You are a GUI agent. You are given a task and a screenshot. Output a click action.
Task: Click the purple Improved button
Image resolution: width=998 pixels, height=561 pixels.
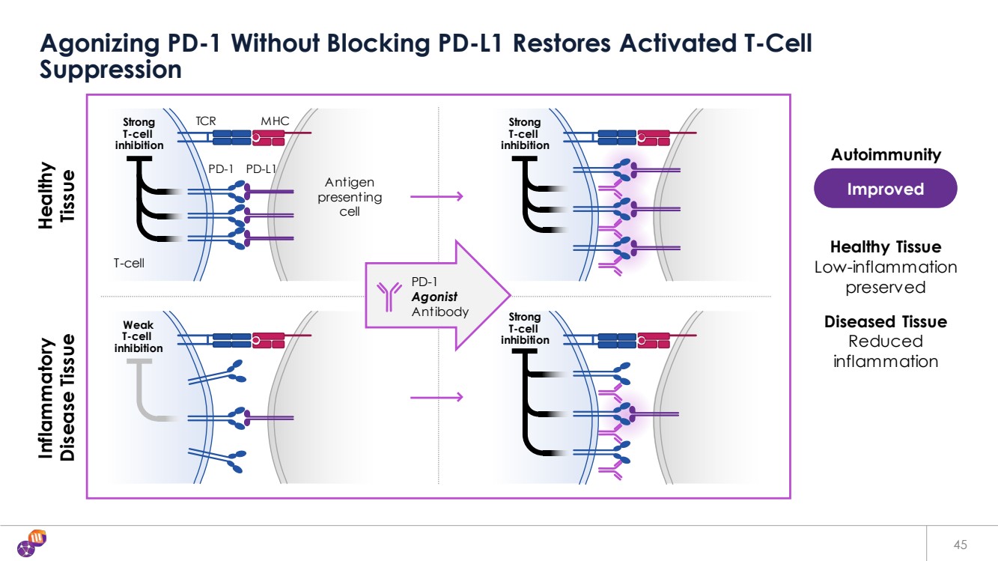tap(885, 189)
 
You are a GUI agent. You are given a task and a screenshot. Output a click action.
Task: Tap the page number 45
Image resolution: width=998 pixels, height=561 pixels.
tap(961, 545)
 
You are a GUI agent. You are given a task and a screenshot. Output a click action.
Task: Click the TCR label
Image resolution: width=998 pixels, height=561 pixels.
tap(206, 121)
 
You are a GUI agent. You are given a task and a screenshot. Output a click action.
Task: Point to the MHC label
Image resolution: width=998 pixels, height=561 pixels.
tap(275, 121)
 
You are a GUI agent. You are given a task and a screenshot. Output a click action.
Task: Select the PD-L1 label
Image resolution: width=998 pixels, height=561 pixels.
tap(261, 169)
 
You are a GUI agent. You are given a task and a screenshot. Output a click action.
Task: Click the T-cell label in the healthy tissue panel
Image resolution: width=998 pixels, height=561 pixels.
tap(129, 263)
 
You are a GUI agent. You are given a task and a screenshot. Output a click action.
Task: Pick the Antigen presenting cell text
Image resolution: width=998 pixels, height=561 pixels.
tap(350, 197)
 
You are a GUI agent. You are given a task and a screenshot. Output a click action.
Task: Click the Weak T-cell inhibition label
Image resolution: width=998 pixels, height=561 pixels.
tap(139, 337)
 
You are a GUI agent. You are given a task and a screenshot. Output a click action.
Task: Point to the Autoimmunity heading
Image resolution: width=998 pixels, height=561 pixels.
tap(886, 155)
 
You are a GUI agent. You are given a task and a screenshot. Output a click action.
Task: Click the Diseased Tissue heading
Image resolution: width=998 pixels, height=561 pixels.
tap(885, 322)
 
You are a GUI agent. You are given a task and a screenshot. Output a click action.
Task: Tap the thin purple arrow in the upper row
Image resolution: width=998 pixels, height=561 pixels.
tap(436, 197)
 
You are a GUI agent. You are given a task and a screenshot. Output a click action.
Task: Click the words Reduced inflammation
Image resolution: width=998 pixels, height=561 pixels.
tap(885, 351)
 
